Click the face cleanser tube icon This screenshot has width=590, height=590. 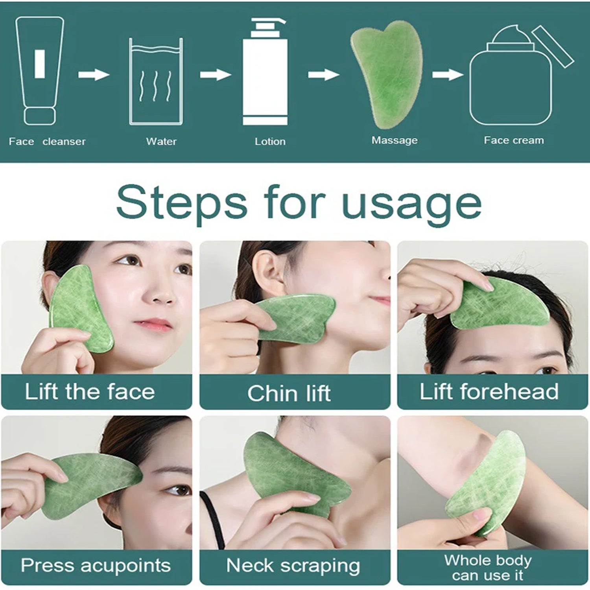point(39,71)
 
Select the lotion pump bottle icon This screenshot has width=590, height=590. point(265,73)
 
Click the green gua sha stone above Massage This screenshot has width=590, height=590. point(387,75)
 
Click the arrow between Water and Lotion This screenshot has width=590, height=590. point(215,74)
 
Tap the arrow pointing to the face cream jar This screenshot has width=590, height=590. point(448,74)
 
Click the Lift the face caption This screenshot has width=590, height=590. point(90,392)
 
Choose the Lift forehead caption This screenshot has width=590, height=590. point(489,392)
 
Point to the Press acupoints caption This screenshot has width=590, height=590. point(96,566)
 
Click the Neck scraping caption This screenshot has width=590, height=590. point(293,566)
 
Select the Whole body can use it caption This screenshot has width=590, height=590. point(488,567)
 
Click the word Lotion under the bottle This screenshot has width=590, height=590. point(270,142)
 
